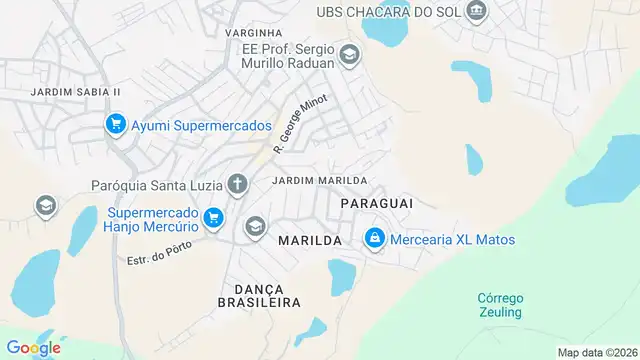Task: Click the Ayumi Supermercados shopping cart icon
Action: [116, 126]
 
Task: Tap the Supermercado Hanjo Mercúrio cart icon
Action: [212, 217]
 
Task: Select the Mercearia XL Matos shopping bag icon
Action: [374, 239]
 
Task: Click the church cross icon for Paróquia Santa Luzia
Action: [237, 183]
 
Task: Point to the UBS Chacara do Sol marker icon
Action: [478, 11]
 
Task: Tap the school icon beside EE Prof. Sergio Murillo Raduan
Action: [349, 54]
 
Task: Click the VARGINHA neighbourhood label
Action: [254, 33]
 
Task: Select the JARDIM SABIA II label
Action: [76, 92]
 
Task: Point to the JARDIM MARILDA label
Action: [312, 181]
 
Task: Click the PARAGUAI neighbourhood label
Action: [377, 203]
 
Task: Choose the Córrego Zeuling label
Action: [500, 305]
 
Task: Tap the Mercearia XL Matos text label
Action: [452, 240]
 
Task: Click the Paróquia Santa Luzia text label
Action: [156, 185]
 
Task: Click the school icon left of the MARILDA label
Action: [255, 226]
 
